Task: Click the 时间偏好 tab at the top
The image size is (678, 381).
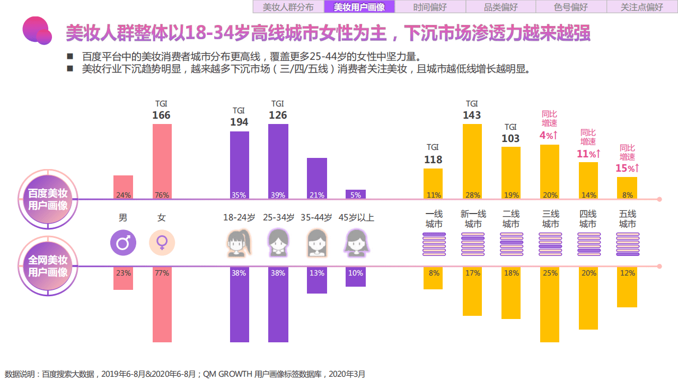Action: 430,7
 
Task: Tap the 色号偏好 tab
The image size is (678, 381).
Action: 571,7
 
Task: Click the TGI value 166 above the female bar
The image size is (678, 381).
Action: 161,115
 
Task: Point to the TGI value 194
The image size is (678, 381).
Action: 239,122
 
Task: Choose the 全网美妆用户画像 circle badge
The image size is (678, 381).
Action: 48,266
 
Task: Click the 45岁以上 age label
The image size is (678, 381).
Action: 356,218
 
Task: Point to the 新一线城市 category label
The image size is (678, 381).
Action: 473,219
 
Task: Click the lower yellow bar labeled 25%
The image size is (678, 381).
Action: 550,304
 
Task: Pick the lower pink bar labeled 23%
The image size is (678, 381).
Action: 123,278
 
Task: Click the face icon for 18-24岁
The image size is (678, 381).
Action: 239,244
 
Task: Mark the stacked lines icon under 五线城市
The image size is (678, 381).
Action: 628,244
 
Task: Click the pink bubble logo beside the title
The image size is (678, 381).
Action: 37,31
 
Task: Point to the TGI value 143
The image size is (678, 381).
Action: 472,115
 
